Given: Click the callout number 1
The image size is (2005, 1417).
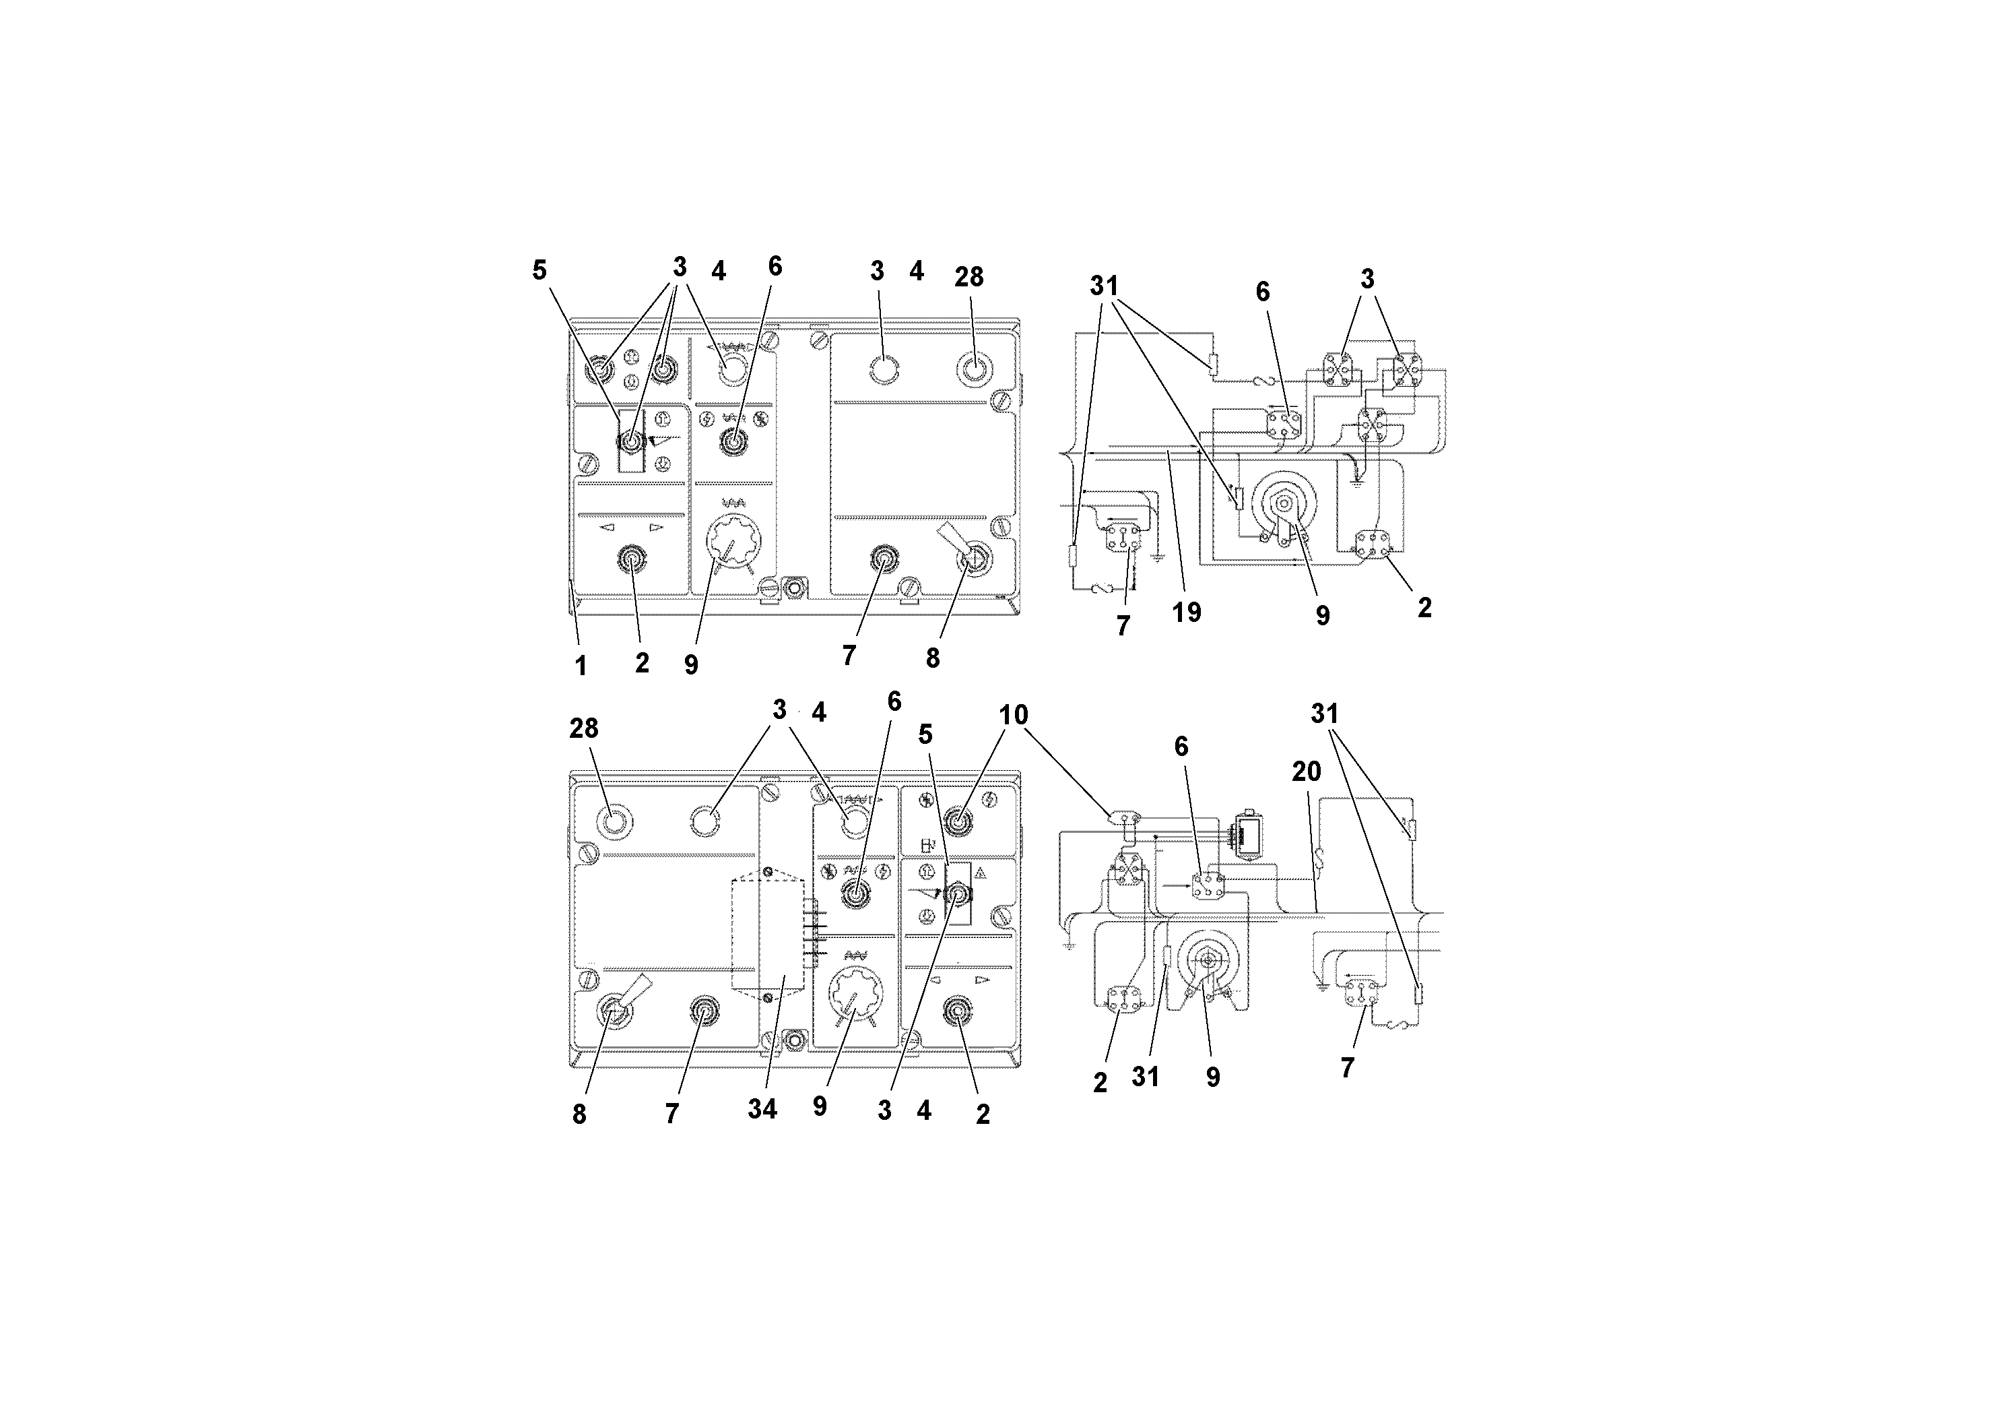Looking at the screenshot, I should click(x=581, y=666).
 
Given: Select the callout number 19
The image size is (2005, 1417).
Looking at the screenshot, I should click(x=1187, y=612).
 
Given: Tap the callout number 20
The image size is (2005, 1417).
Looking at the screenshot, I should click(x=1307, y=772).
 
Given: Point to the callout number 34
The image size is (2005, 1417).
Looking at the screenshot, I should click(x=762, y=1110).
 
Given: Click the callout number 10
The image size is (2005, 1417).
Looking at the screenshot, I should click(x=1013, y=716).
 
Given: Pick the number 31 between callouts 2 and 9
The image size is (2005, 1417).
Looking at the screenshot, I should click(x=1145, y=1077).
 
